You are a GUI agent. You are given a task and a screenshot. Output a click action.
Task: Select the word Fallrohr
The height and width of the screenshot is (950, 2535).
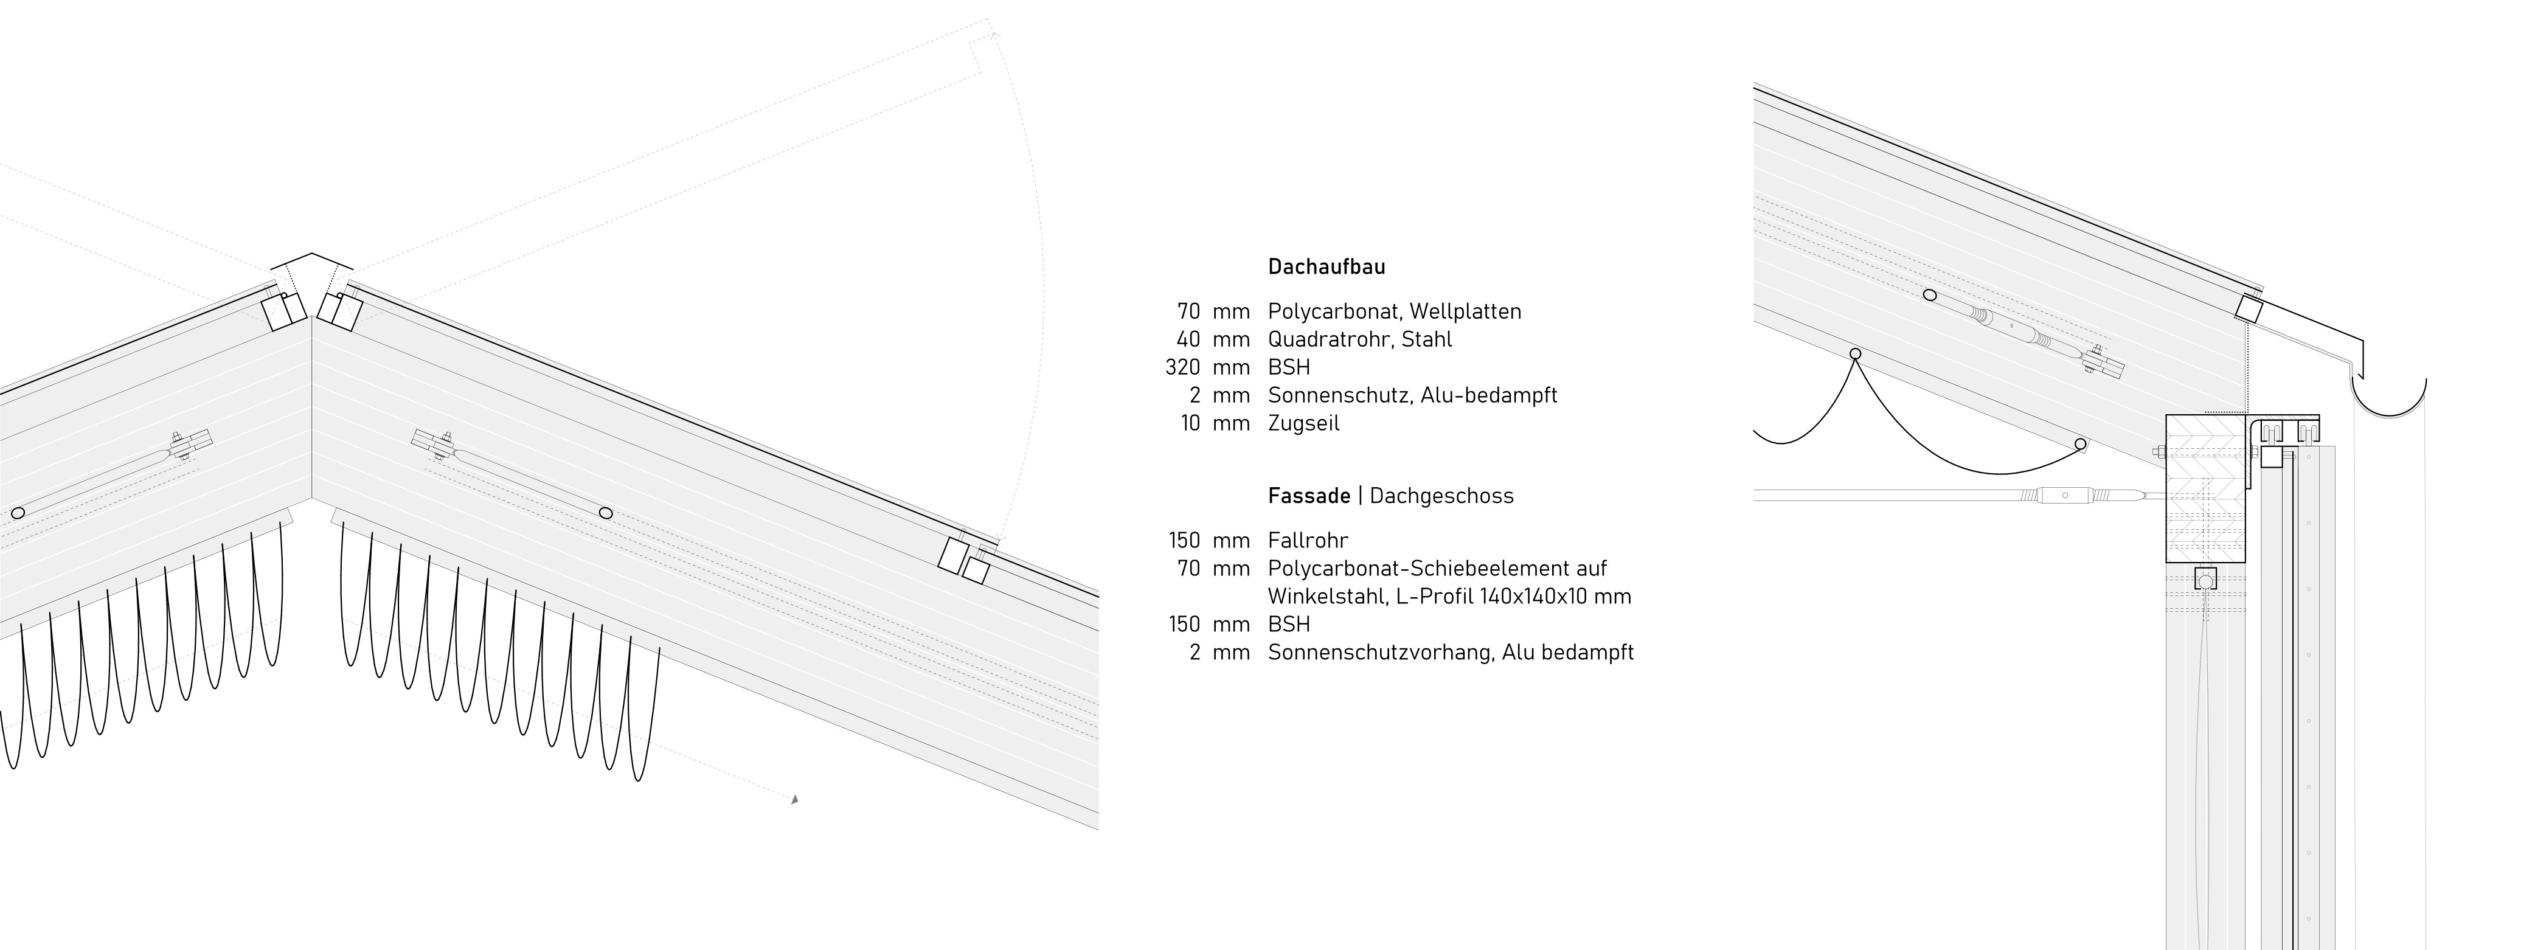point(1308,541)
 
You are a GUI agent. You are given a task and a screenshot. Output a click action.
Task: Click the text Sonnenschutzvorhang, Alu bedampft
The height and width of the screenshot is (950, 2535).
point(1451,653)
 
